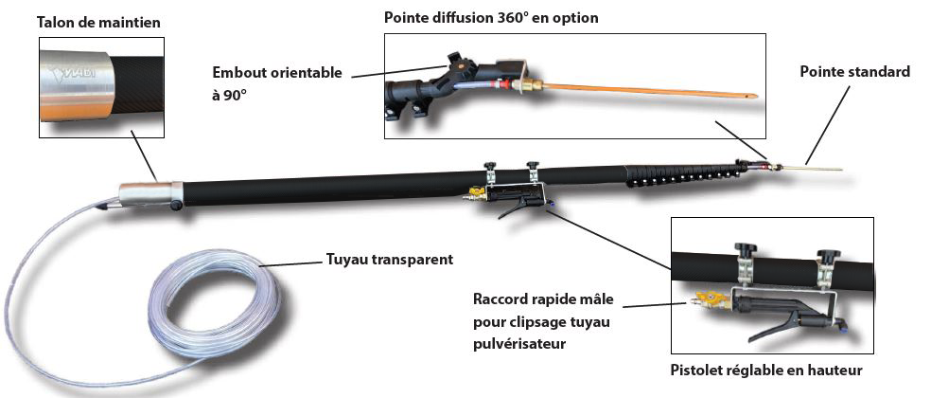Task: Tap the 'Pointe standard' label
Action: click(x=854, y=72)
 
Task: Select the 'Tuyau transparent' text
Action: click(x=389, y=259)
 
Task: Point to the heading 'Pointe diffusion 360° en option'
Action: click(x=491, y=18)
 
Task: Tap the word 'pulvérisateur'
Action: click(x=518, y=343)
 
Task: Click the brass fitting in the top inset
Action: click(x=531, y=86)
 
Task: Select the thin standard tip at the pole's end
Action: click(x=814, y=169)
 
